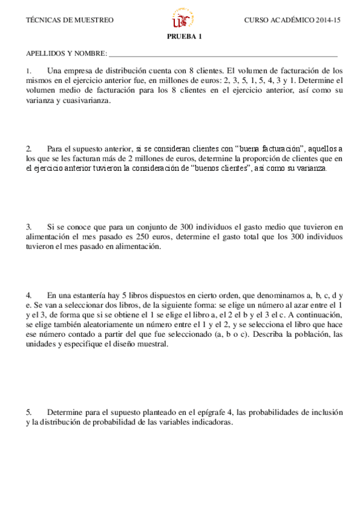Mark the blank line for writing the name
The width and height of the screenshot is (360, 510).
click(x=222, y=54)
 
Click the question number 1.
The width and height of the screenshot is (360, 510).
click(x=29, y=70)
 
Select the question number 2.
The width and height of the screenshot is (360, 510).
click(x=29, y=149)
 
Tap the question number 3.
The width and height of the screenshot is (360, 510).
click(x=29, y=227)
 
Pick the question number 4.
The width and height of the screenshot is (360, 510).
click(x=29, y=295)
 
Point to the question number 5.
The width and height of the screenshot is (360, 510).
click(x=29, y=413)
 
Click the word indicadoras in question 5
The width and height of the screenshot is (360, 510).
click(x=210, y=423)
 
